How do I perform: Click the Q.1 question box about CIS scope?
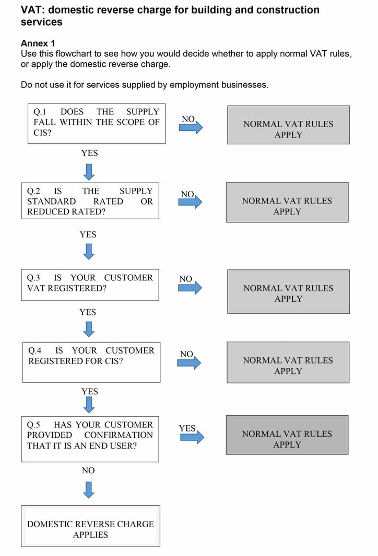tap(96, 123)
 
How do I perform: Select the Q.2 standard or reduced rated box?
tap(90, 201)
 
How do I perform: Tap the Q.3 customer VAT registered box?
tap(90, 285)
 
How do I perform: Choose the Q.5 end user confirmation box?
tap(90, 439)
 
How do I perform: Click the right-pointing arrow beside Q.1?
tap(191, 128)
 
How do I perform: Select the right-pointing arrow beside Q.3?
tap(190, 288)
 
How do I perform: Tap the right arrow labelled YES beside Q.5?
tap(191, 438)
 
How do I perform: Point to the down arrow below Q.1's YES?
tap(89, 171)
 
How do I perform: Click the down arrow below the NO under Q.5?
tap(89, 490)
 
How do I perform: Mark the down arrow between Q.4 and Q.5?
tap(89, 404)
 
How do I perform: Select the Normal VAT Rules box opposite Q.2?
tap(287, 202)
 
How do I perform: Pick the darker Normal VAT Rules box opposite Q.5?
tap(287, 435)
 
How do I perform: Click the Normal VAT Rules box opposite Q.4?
tap(288, 362)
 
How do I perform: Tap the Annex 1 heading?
tap(38, 43)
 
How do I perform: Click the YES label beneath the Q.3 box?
tap(88, 312)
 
